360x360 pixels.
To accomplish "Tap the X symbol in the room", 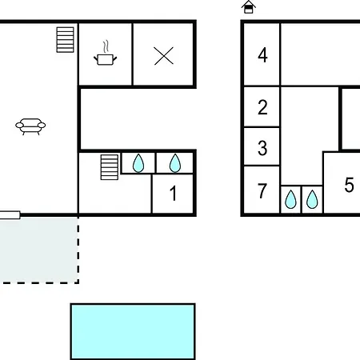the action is [x=164, y=56].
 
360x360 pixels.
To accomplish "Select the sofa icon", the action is [x=30, y=126].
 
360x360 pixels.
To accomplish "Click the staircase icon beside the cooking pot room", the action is [x=65, y=40].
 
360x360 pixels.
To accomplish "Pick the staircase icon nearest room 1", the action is [x=110, y=167].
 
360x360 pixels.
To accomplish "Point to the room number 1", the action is [x=173, y=193].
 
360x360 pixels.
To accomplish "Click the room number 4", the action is [x=262, y=55].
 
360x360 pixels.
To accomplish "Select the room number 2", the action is [x=262, y=107].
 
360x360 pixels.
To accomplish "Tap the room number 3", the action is [x=262, y=148].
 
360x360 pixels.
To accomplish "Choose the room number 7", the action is [x=262, y=191].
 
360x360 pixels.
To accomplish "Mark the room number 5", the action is [x=349, y=185].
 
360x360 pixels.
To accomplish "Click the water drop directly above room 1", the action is [x=175, y=163].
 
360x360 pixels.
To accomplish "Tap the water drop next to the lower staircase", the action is [x=138, y=163].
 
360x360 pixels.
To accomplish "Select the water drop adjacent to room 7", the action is [x=290, y=199].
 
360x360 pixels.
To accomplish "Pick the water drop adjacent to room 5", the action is [x=312, y=199].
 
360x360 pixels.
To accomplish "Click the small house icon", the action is [x=249, y=7].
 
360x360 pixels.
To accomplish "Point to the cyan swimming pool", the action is [x=133, y=331].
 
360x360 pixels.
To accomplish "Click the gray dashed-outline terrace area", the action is [x=39, y=250].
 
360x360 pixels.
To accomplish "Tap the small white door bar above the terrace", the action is [x=10, y=215].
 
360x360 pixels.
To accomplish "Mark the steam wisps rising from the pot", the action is [x=106, y=47].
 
